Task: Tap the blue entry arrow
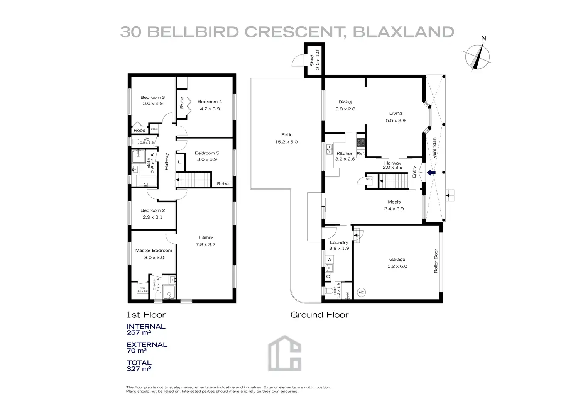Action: point(431,173)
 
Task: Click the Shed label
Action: point(312,60)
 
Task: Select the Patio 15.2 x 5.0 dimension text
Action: point(286,142)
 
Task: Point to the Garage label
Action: point(397,260)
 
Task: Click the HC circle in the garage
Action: point(361,293)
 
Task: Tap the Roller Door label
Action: point(436,261)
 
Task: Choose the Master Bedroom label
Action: point(154,251)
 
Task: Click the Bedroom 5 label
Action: point(207,153)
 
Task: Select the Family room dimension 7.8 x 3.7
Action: point(206,244)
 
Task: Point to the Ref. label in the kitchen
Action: point(360,154)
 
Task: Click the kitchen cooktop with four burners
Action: point(360,142)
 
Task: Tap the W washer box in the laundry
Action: point(329,260)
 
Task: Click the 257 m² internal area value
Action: point(139,332)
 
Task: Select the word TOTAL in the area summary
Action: point(139,363)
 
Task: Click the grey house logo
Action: point(285,353)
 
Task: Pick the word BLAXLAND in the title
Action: point(403,32)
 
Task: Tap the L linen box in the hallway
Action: point(179,162)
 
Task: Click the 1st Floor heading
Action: point(146,315)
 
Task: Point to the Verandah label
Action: point(434,148)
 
